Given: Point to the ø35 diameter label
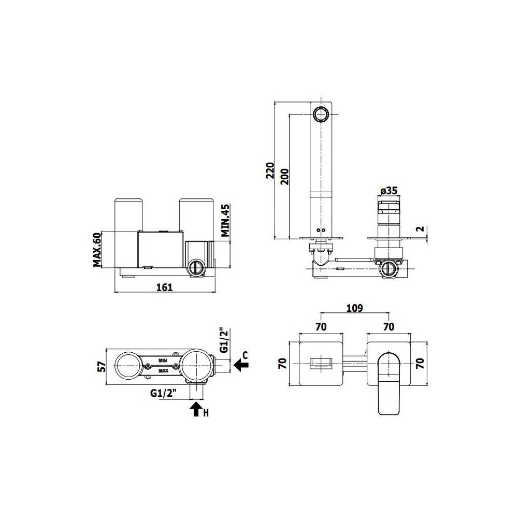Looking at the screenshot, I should pyautogui.click(x=388, y=191).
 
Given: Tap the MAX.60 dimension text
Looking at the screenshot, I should pyautogui.click(x=97, y=249).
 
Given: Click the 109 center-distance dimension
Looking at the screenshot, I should pyautogui.click(x=354, y=308).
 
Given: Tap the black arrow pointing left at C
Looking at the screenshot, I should pyautogui.click(x=241, y=366).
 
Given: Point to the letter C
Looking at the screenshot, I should pyautogui.click(x=245, y=355).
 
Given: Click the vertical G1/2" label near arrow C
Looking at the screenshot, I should pyautogui.click(x=223, y=340).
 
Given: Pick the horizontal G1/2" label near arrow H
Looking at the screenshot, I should pyautogui.click(x=164, y=393).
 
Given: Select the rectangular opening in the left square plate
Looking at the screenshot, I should pyautogui.click(x=320, y=365).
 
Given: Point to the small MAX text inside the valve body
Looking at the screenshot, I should pyautogui.click(x=163, y=371).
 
